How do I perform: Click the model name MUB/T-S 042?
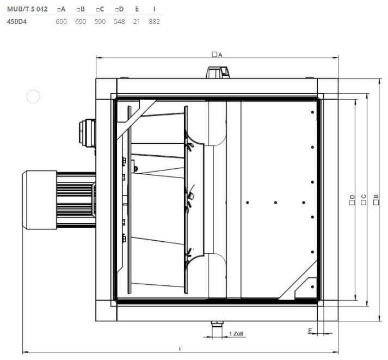pyautogui.click(x=27, y=9)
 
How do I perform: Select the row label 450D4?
pyautogui.click(x=17, y=22)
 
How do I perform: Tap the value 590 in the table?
pyautogui.click(x=100, y=22)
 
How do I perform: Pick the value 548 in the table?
pyautogui.click(x=119, y=22)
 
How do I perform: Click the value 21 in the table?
pyautogui.click(x=137, y=22)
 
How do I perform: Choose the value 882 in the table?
pyautogui.click(x=154, y=22)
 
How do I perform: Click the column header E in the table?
pyautogui.click(x=137, y=9)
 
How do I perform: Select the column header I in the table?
pyautogui.click(x=155, y=9)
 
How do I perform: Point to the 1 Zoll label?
pyautogui.click(x=236, y=334)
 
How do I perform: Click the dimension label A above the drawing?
pyautogui.click(x=217, y=54)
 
